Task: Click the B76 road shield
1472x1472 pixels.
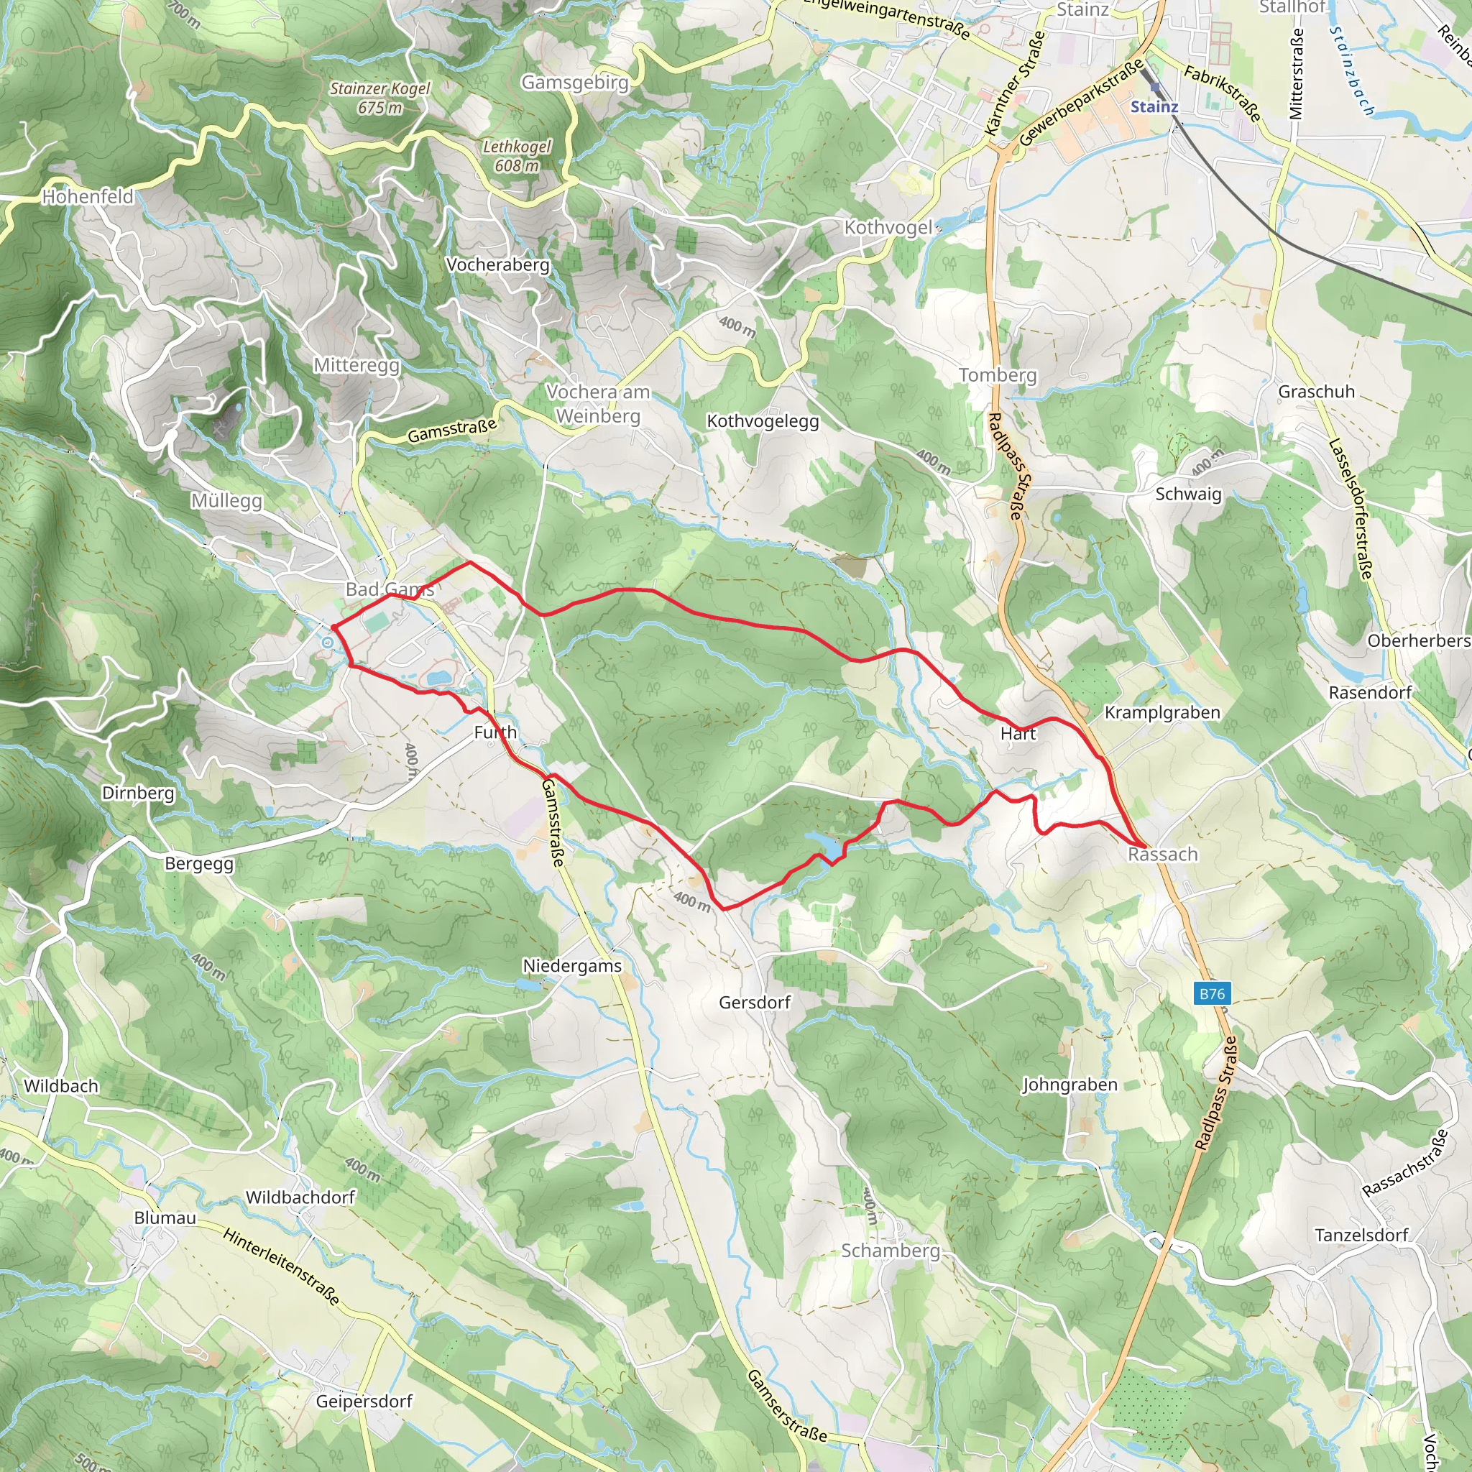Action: tap(1213, 993)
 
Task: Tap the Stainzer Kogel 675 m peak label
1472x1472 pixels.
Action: tap(379, 98)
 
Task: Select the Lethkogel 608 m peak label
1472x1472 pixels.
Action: tap(517, 155)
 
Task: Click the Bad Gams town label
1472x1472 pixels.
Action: tap(390, 589)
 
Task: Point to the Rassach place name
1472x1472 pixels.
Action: tap(1163, 854)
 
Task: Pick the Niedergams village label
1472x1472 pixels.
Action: tap(572, 965)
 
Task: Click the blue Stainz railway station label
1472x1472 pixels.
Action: tap(1154, 106)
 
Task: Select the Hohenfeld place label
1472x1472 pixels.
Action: tap(88, 196)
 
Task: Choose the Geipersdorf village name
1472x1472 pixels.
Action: tap(364, 1401)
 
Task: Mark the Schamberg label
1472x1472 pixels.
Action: tap(891, 1251)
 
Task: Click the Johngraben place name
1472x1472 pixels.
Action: tap(1069, 1084)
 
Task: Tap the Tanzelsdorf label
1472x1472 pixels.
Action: tap(1361, 1234)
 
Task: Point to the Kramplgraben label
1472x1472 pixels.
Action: tap(1163, 712)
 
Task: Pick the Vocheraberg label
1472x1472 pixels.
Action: tap(497, 264)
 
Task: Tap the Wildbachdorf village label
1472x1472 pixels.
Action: tap(300, 1197)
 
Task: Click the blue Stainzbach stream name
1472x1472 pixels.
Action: tap(1352, 71)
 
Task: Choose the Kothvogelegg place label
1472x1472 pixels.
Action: tap(763, 421)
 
